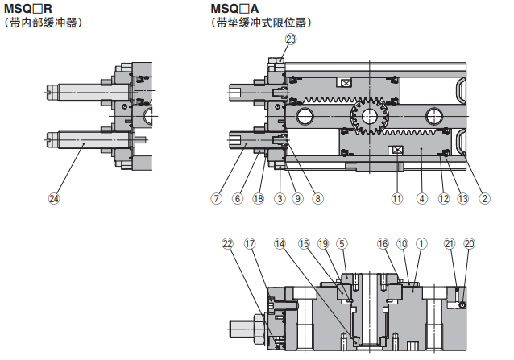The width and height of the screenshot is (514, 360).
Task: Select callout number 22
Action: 227,243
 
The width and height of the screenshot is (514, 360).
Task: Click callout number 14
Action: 280,243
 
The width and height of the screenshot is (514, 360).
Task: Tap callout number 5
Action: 342,243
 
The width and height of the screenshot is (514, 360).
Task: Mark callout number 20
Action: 470,243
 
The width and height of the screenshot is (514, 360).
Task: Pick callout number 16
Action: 383,243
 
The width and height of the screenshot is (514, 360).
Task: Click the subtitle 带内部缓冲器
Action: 44,23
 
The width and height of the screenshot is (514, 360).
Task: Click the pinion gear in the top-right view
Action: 369,114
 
